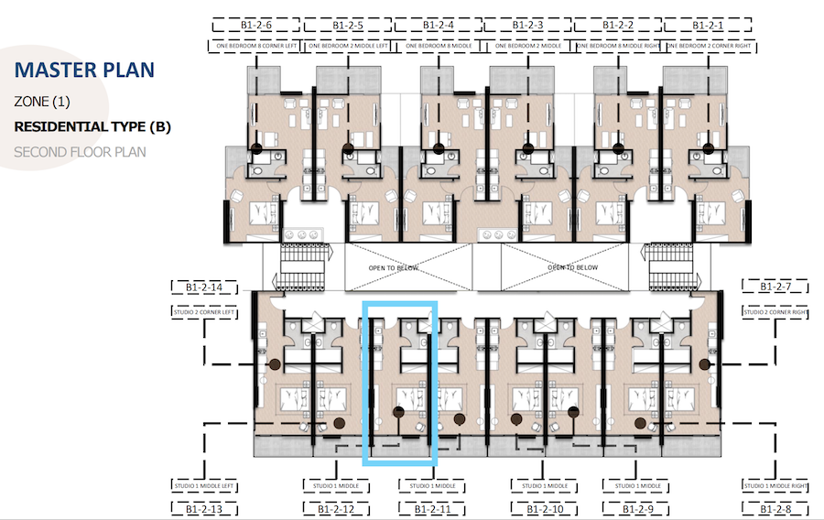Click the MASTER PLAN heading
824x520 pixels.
[x=85, y=70]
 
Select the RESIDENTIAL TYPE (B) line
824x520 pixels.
[x=92, y=126]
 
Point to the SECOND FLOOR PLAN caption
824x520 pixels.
[x=80, y=151]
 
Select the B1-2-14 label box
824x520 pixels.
[x=204, y=287]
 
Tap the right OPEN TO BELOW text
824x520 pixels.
[x=572, y=267]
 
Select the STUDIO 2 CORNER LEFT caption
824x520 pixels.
[x=204, y=312]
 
